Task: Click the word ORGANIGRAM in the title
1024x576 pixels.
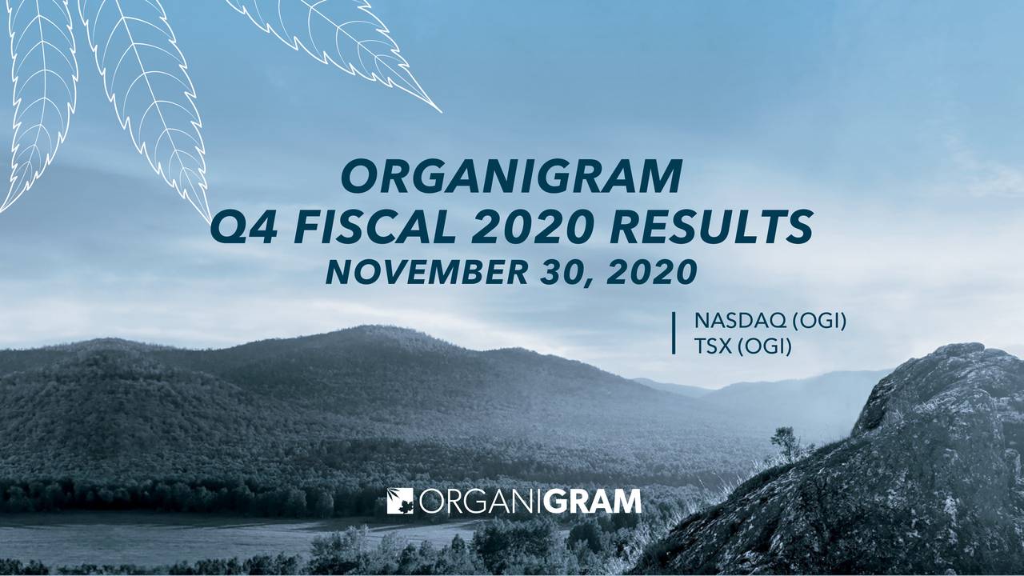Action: pos(512,177)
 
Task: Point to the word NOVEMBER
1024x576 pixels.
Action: pos(427,273)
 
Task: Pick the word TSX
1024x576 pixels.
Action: pos(713,346)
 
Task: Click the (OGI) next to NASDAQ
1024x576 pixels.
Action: pos(819,321)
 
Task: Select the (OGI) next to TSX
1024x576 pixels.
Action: pos(764,347)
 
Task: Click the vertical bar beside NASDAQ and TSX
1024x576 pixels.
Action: pos(674,333)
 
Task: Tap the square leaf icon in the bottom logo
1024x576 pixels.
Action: pos(400,501)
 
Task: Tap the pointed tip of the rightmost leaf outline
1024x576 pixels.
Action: pos(441,112)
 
